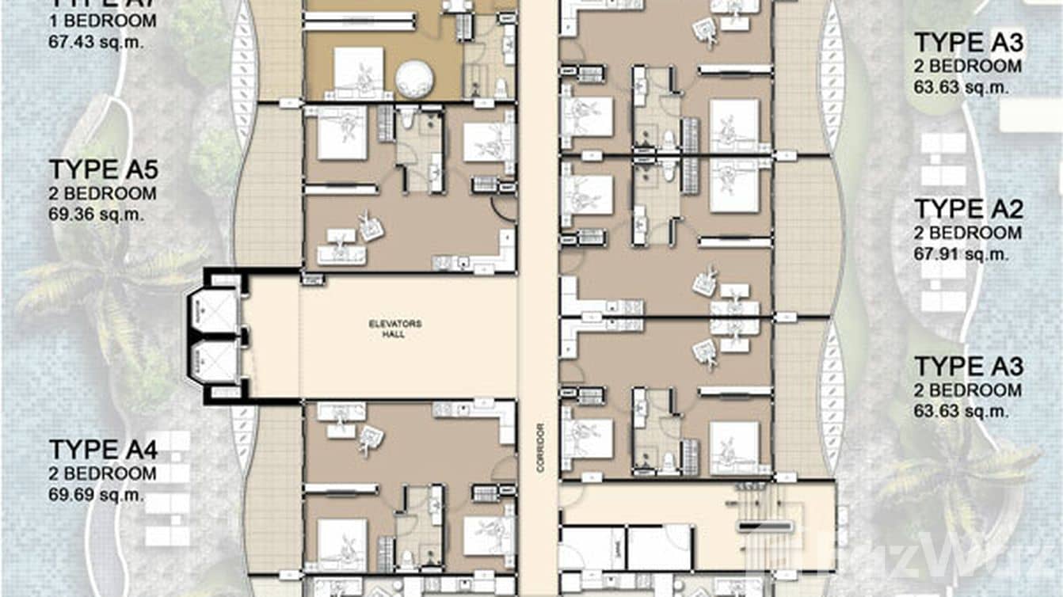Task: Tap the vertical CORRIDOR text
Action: click(540, 447)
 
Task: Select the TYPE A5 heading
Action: click(104, 170)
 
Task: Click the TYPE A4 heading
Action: click(104, 450)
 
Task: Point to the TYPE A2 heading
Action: click(969, 210)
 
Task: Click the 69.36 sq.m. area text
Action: click(96, 214)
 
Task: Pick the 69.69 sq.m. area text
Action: click(96, 494)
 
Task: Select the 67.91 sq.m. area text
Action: click(962, 254)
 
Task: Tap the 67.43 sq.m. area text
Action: click(96, 42)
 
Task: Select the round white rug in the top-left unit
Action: click(414, 79)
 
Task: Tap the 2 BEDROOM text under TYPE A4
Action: click(102, 473)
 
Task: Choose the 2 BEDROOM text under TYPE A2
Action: click(968, 233)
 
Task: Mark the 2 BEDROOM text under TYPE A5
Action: click(102, 193)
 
